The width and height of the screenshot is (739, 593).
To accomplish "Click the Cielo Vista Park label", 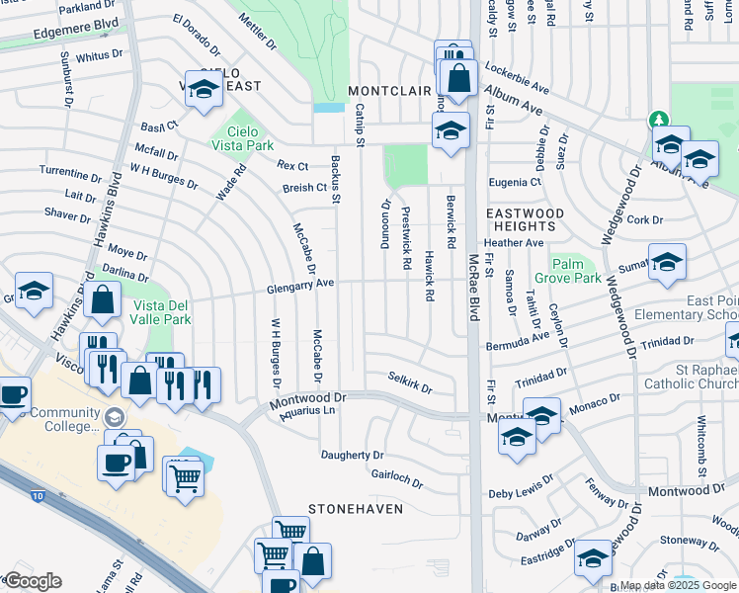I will click(242, 138).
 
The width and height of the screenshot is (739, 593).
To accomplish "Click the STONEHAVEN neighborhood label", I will click(356, 508).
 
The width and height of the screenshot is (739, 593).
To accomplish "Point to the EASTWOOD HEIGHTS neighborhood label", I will click(525, 219).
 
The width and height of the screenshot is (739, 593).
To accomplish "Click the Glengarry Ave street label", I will click(299, 284).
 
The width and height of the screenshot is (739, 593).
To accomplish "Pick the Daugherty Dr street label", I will click(352, 455).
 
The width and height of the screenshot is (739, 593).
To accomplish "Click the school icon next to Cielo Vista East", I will click(204, 89).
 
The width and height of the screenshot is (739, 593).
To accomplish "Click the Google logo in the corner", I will click(33, 581).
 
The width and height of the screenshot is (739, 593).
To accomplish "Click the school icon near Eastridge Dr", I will click(593, 558).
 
